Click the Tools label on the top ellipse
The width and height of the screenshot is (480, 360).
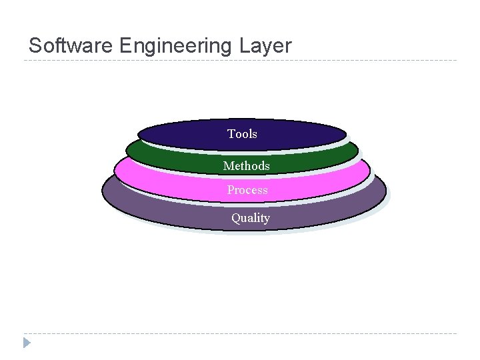[x=242, y=134]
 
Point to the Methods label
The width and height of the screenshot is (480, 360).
[x=247, y=165]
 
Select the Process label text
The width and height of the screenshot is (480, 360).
[x=247, y=190]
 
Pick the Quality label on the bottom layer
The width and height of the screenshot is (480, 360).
[x=251, y=218]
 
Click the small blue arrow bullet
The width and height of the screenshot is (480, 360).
[x=27, y=343]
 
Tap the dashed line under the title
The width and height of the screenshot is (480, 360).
[x=240, y=61]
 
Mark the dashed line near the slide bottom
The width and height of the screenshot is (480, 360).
[x=240, y=333]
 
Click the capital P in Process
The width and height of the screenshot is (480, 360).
[x=231, y=190]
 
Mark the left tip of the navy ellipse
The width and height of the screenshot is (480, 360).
[x=139, y=133]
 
